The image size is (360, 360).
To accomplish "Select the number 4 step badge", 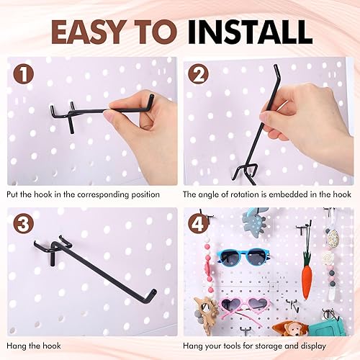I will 199,224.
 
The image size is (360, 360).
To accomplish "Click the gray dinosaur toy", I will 255,220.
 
